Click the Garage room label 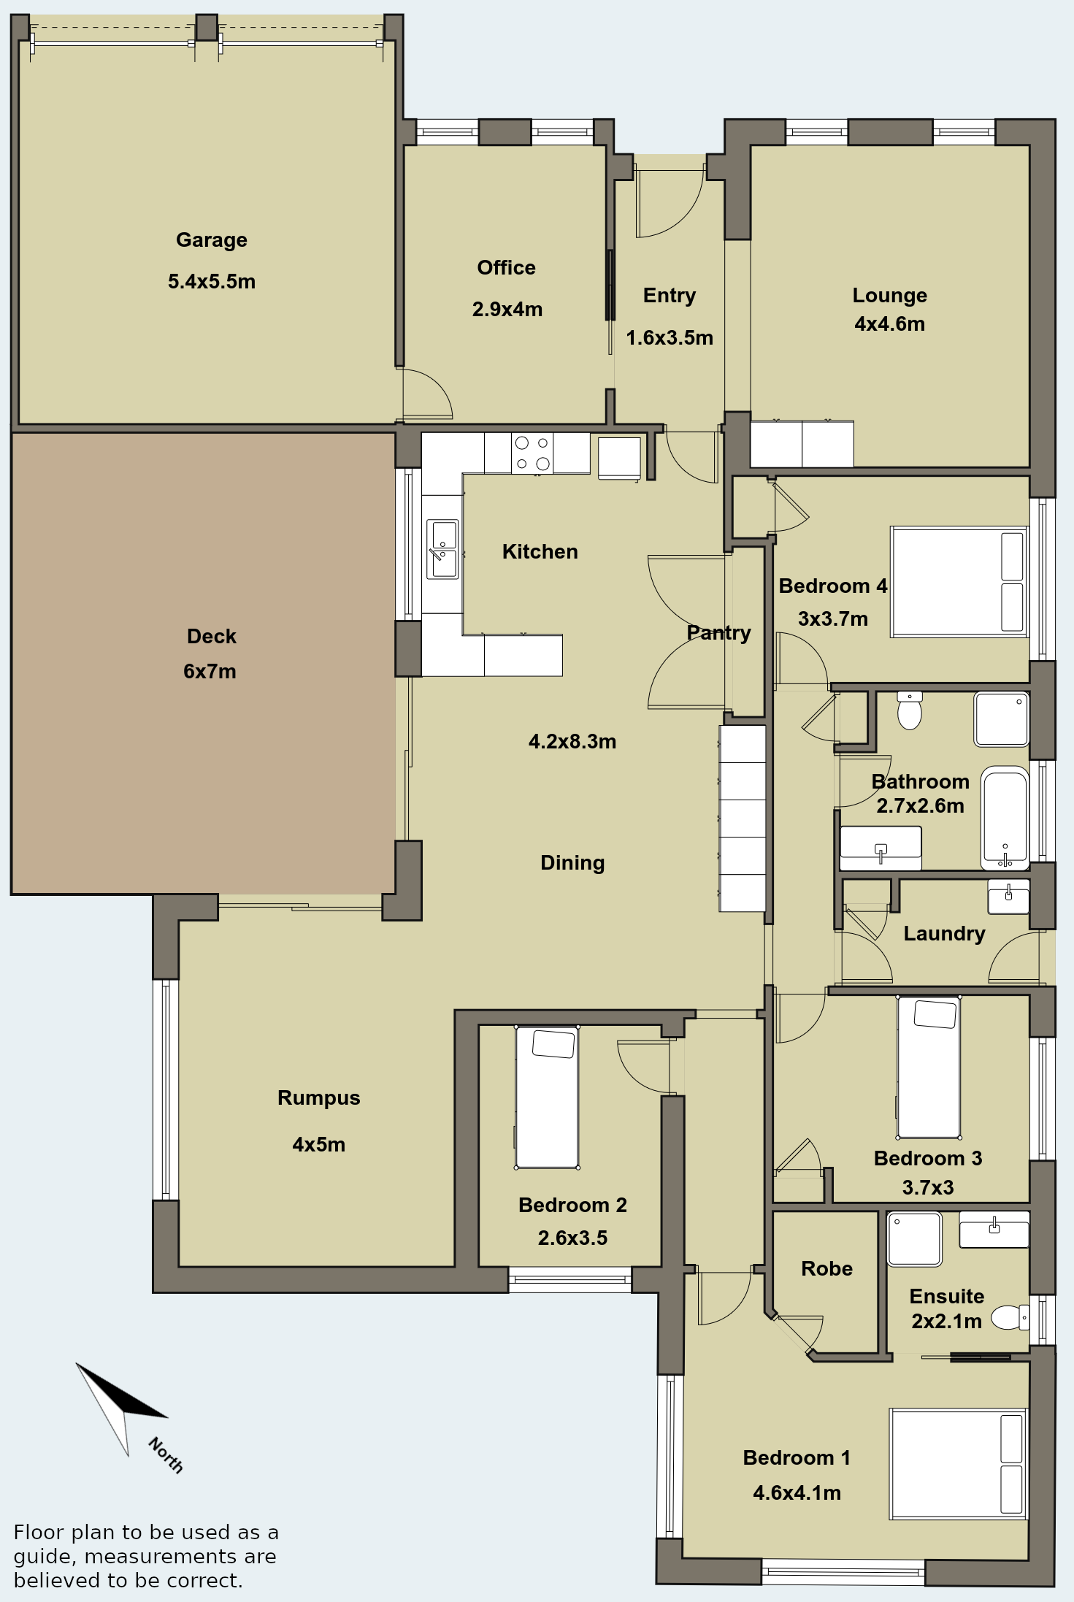click(x=212, y=239)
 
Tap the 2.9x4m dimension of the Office click(x=507, y=309)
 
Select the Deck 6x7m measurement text click(x=210, y=671)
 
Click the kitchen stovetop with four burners click(x=532, y=453)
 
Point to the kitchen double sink click(x=442, y=549)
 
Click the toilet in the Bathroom click(x=910, y=710)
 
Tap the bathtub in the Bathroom click(x=1005, y=817)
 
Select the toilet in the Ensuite click(x=1010, y=1317)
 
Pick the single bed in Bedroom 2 click(x=547, y=1097)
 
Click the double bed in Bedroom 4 click(x=959, y=582)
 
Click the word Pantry click(x=719, y=633)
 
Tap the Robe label click(x=826, y=1268)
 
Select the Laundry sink click(x=1008, y=897)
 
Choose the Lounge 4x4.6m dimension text click(x=890, y=323)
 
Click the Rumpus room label click(x=319, y=1097)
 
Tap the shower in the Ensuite click(x=914, y=1239)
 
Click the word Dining click(x=572, y=863)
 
